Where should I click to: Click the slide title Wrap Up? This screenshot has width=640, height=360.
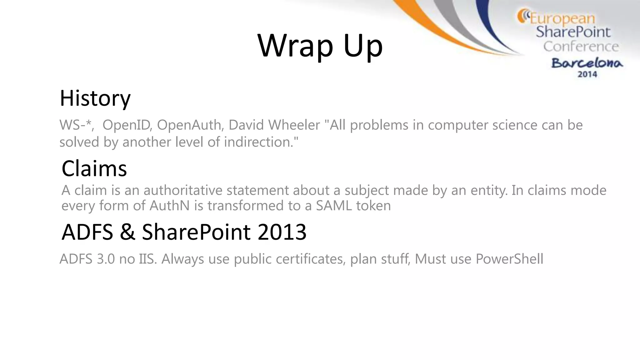point(320,46)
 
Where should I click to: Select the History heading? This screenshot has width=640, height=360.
point(95,98)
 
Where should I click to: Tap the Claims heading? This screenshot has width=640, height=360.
point(94,169)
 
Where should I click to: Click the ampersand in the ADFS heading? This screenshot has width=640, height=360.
point(127,232)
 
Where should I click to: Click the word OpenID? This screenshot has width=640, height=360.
point(127,125)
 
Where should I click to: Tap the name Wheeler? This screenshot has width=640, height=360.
point(294,125)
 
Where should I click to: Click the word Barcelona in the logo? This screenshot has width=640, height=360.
point(587,63)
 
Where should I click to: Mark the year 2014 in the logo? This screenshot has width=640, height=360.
point(587,74)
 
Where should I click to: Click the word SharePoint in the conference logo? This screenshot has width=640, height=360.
point(573,32)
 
